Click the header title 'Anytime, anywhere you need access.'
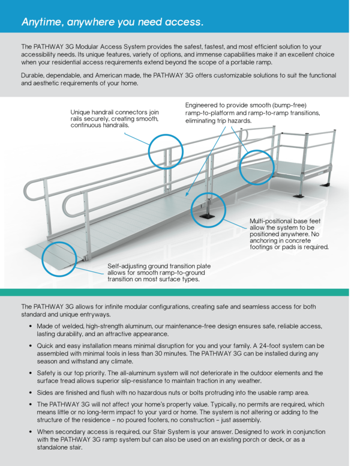[112, 22]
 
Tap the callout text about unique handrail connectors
[115, 118]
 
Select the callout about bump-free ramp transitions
[252, 112]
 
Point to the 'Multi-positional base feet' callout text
[289, 234]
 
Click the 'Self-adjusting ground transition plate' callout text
[159, 272]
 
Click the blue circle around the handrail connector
[166, 151]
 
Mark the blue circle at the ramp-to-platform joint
[257, 166]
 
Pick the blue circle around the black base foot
[208, 210]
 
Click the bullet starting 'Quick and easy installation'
[180, 353]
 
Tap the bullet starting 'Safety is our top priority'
[180, 377]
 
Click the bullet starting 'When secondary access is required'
[180, 439]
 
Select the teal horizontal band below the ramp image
[180, 292]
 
